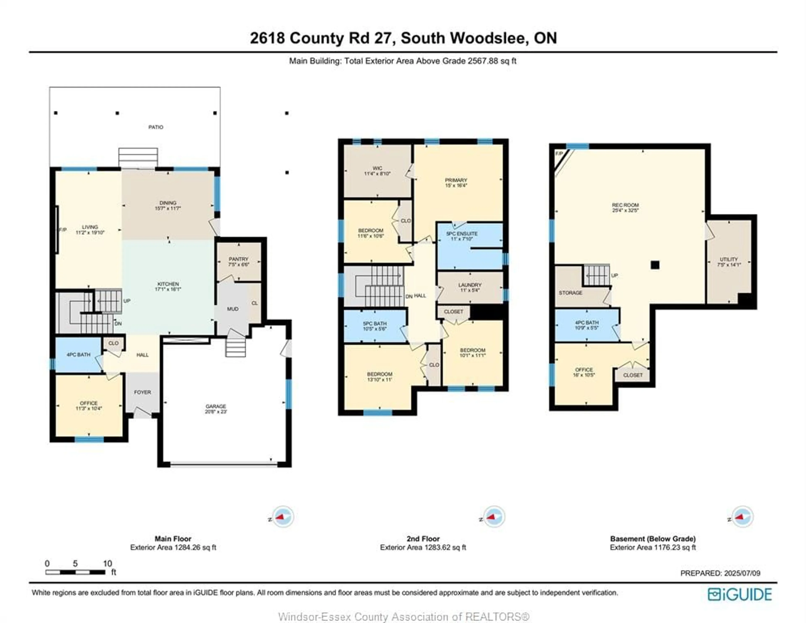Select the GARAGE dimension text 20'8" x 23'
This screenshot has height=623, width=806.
[216, 411]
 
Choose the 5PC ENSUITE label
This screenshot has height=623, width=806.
[462, 234]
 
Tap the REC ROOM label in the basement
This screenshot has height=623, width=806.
[625, 205]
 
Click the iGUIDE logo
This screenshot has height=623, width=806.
[740, 594]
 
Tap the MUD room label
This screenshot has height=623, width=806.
[233, 309]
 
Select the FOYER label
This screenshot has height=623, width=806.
[143, 392]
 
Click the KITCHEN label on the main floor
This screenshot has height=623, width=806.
[168, 284]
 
